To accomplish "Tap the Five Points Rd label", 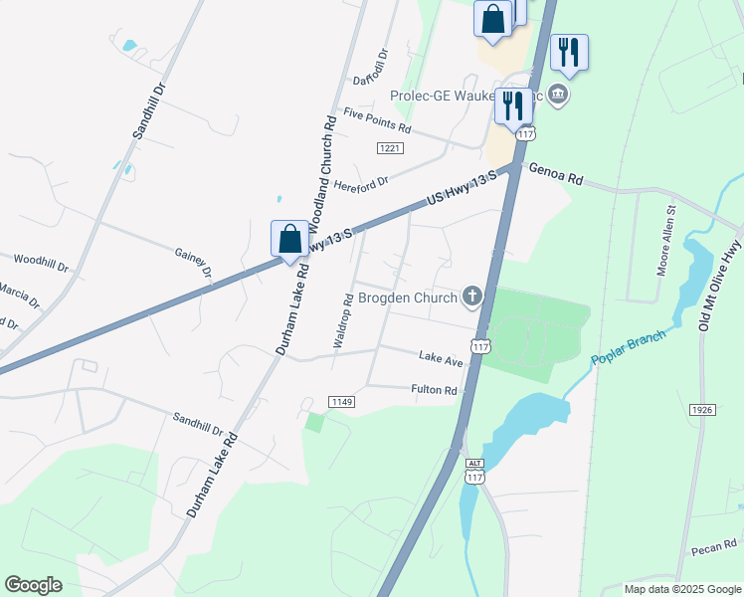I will (377, 120).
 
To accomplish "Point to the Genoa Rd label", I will (555, 174).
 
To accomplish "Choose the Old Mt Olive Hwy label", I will (721, 289).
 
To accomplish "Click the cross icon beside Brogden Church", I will (471, 296).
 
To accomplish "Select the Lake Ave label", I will (441, 356).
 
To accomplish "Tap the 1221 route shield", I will (389, 148).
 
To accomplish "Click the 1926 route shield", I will (702, 410).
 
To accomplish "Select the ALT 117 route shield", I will (473, 472).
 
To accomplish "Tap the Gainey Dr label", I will (193, 263).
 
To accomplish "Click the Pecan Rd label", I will (715, 546).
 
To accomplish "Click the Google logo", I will (33, 585).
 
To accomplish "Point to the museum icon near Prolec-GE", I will (558, 96).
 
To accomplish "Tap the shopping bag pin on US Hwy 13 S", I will (289, 240).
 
